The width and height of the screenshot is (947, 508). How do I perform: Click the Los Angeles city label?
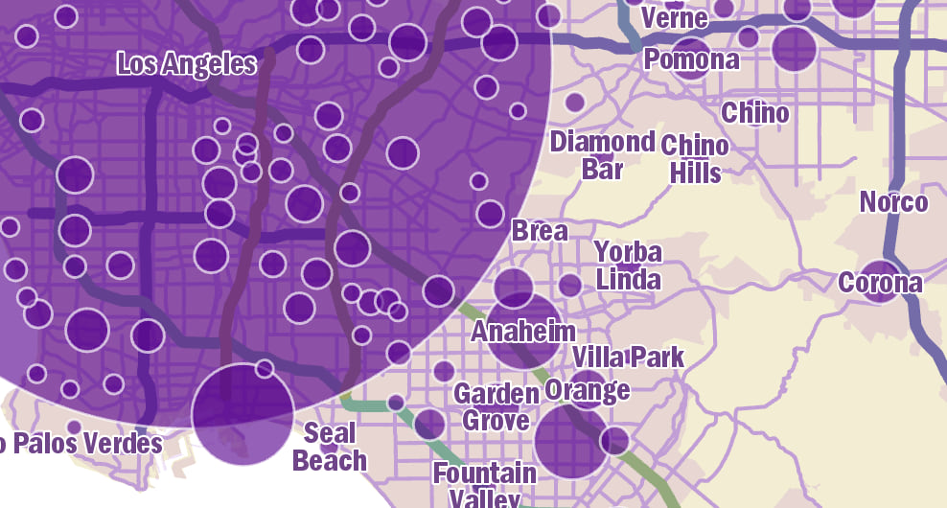pos(187,64)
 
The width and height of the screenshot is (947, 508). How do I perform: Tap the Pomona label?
pos(692,59)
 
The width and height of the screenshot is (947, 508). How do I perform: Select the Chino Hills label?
pos(695,159)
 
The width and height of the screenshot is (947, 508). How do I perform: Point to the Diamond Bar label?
pos(602,155)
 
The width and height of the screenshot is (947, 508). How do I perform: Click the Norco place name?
pos(893,202)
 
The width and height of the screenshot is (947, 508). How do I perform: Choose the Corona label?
pos(880,283)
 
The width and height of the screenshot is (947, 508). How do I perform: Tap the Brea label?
pos(540,231)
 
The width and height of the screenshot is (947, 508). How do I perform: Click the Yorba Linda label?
pos(629,266)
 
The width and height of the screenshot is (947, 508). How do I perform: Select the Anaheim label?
pos(524,332)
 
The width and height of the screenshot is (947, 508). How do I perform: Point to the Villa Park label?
pos(628,358)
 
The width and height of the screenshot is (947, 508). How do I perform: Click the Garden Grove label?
pos(497,406)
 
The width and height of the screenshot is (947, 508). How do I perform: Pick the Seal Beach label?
pos(330,447)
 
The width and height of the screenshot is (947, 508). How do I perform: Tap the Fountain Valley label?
pos(485,484)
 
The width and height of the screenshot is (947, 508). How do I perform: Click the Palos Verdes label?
pos(86,443)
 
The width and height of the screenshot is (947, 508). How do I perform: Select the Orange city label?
pos(588,390)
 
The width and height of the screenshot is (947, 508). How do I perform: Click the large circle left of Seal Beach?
pos(243,414)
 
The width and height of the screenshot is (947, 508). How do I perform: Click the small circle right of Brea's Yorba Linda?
pos(570,285)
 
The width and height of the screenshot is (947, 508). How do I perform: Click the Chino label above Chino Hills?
pos(755,113)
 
